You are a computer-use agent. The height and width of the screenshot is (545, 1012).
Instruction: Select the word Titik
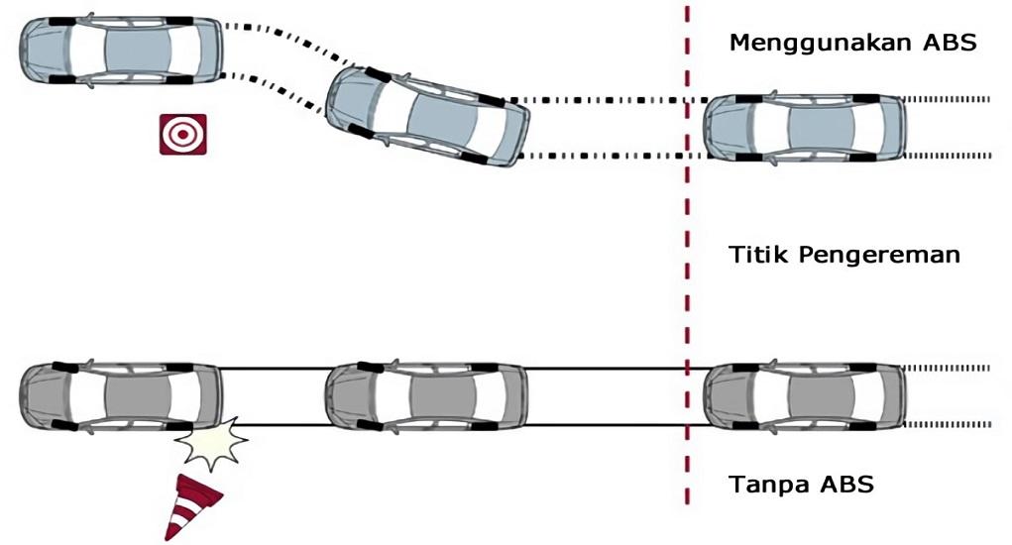click(759, 254)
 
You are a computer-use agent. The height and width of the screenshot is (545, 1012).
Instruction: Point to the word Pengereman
click(879, 256)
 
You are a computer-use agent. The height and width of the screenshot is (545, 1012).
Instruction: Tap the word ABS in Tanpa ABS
click(847, 484)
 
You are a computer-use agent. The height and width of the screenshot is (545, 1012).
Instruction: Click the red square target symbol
click(183, 134)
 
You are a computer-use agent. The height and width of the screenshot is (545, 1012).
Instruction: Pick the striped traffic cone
click(191, 507)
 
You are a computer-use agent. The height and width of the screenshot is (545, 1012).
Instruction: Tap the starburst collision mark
click(212, 444)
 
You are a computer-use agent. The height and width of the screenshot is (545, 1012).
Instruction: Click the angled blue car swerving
click(427, 116)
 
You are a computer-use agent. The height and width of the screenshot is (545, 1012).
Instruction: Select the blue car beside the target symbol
click(121, 51)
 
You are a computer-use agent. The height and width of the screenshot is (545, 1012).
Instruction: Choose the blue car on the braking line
click(804, 127)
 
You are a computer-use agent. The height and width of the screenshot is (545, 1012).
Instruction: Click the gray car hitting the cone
click(121, 396)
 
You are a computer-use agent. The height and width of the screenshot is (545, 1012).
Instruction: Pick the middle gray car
click(426, 396)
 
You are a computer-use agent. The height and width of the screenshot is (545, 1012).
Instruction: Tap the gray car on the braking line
click(804, 396)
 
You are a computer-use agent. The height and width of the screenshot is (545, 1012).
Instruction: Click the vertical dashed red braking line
click(687, 255)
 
